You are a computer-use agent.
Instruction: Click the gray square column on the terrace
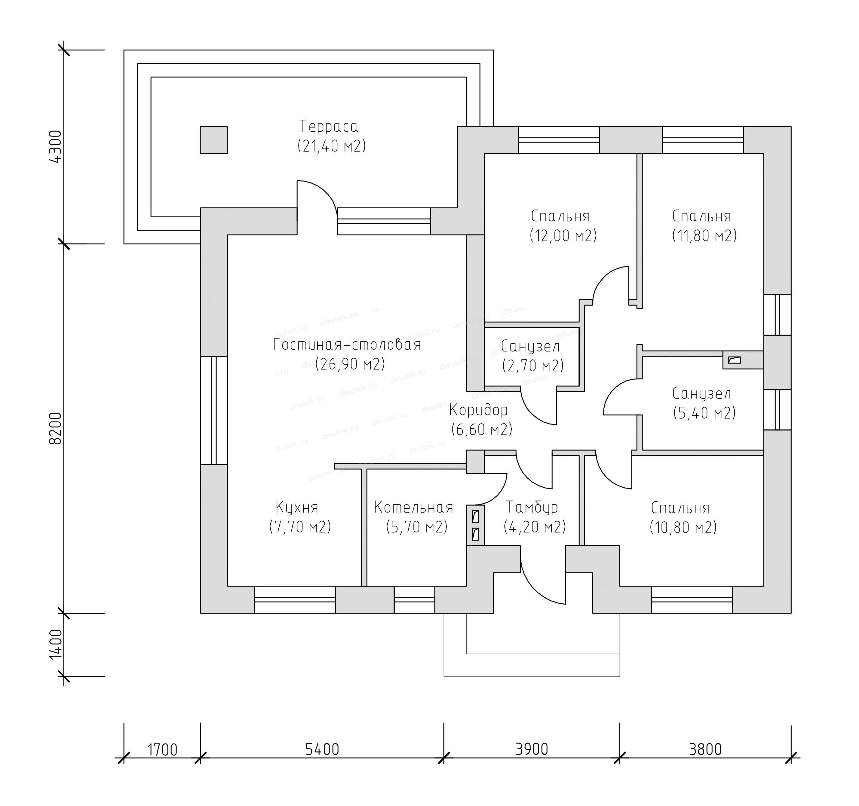tap(213, 140)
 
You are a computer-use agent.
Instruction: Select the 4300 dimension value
tap(57, 146)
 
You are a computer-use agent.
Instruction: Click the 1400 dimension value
tap(57, 645)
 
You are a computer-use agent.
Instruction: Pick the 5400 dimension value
tap(322, 749)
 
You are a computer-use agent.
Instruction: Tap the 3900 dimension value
tap(532, 749)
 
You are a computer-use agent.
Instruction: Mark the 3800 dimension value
tap(705, 749)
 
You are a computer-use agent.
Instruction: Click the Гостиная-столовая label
tap(347, 345)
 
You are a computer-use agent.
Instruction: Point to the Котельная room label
tap(413, 507)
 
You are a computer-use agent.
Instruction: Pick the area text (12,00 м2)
tap(563, 236)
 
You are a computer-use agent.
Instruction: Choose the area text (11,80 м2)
tap(704, 236)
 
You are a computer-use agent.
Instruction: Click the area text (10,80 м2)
tap(683, 527)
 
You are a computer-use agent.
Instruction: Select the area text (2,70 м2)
tap(533, 366)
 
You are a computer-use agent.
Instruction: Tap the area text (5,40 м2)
tap(704, 413)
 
